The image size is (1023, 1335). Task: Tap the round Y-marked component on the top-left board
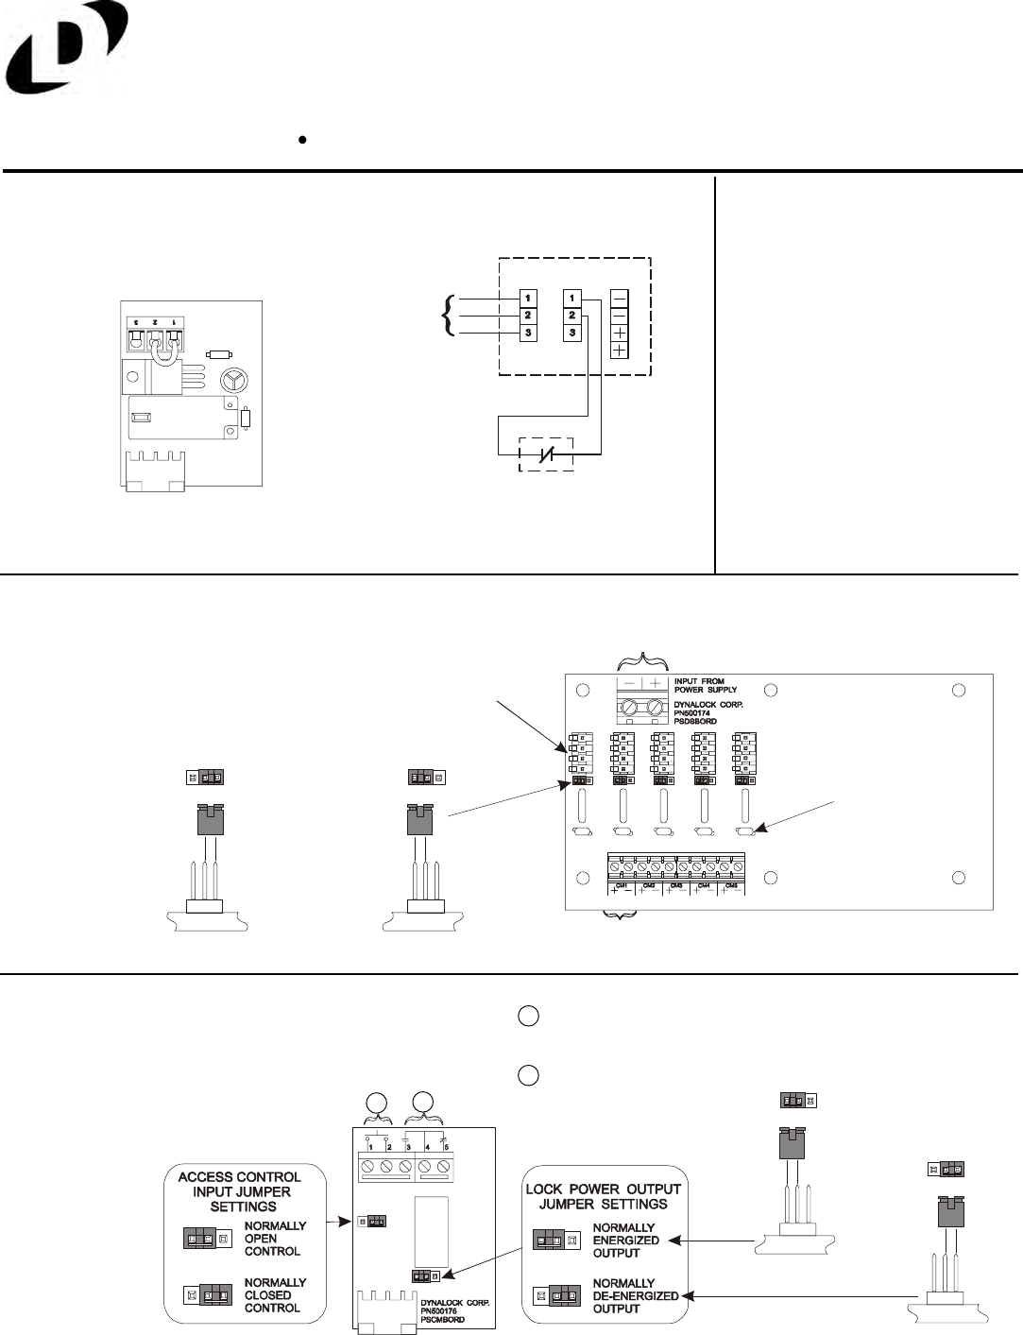[231, 380]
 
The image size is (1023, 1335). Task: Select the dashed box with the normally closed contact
[547, 455]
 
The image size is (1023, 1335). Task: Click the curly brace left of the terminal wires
[447, 316]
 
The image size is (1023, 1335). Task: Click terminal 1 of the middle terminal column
[571, 299]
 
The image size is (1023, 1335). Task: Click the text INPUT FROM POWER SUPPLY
[706, 684]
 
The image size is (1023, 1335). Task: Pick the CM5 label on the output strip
[731, 885]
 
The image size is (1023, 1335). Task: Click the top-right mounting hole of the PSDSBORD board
[959, 690]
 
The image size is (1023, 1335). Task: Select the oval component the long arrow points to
[745, 831]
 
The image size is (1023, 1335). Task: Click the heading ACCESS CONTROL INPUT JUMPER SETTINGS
[239, 1191]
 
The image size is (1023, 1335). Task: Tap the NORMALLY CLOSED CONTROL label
[275, 1294]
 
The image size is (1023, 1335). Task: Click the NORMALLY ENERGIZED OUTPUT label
[625, 1240]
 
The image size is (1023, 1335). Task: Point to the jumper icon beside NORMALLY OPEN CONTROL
[207, 1238]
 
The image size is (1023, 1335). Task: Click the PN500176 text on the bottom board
[444, 1313]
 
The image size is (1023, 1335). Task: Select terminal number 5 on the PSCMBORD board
[446, 1147]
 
